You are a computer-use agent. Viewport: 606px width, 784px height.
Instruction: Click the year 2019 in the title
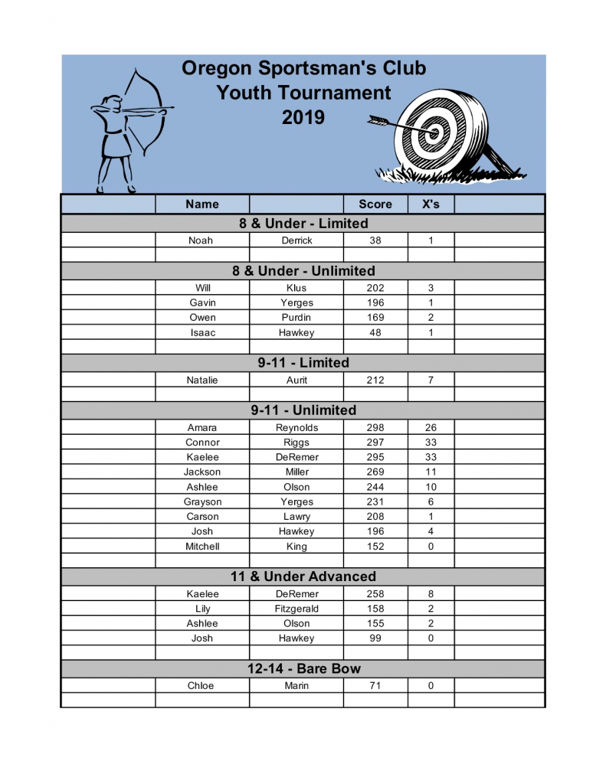[303, 118]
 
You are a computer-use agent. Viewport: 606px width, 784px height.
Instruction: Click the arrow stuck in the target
[402, 127]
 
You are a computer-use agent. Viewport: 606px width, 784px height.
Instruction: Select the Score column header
[375, 204]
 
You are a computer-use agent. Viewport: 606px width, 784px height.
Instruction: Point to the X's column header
[431, 204]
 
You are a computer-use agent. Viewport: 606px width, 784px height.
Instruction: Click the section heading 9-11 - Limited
[303, 363]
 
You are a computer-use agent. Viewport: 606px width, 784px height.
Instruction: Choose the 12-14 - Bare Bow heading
[303, 669]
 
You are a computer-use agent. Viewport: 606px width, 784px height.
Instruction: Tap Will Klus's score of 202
[375, 288]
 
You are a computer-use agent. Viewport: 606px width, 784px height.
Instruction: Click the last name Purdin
[296, 318]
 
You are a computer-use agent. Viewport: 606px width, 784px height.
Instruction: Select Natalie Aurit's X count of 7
[431, 381]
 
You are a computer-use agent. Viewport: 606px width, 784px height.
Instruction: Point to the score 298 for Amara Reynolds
[375, 428]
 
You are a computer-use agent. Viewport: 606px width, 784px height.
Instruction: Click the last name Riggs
[296, 443]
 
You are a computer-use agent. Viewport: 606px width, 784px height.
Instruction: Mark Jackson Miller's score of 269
[375, 472]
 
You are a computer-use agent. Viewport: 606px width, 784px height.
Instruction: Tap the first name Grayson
[202, 502]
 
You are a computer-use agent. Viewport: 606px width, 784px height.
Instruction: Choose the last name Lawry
[296, 517]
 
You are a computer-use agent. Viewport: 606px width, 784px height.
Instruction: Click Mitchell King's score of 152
[375, 547]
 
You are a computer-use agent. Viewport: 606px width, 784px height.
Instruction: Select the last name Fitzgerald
[296, 609]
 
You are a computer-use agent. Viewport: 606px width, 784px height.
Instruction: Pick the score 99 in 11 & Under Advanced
[375, 639]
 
